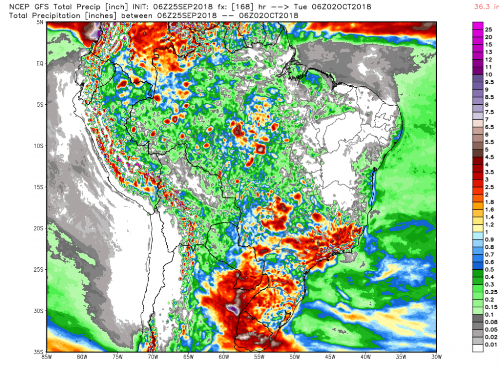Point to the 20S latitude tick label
coord(40,228)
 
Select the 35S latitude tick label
coord(40,352)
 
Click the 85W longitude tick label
coord(47,357)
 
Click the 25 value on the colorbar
coord(489,30)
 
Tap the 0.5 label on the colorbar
coord(490,269)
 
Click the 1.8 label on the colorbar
coord(490,202)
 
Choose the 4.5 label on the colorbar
coord(490,157)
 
